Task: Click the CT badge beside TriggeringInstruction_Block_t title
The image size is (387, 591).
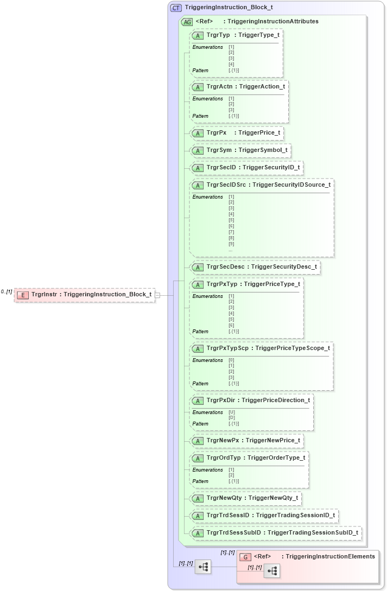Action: click(x=176, y=8)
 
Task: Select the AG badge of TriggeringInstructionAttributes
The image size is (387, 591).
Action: click(x=187, y=22)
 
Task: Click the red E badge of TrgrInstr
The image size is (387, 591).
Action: click(x=23, y=295)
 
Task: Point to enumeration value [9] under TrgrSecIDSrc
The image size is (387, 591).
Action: click(x=231, y=244)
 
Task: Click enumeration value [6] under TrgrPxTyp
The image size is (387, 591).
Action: click(x=231, y=325)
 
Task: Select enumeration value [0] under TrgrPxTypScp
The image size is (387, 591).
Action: click(x=231, y=360)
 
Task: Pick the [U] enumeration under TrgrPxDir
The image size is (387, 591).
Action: click(x=232, y=412)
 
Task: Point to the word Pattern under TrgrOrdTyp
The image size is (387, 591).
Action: click(x=200, y=481)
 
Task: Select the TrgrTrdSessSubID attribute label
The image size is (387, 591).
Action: click(x=234, y=533)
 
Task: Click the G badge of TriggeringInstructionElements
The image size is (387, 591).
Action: click(x=245, y=557)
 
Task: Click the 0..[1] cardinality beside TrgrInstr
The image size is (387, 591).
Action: click(x=7, y=292)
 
